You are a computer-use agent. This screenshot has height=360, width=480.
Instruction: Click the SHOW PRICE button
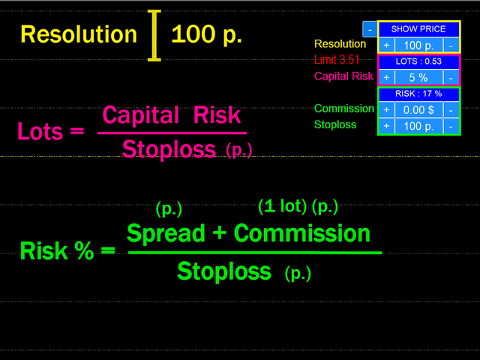pos(418,29)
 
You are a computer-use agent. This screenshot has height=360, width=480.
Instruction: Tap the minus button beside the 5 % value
pos(451,77)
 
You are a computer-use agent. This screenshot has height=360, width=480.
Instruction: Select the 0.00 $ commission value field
pos(418,109)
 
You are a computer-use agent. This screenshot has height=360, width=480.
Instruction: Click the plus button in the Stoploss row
pos(387,126)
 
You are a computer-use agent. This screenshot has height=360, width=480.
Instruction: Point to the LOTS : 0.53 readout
pos(418,61)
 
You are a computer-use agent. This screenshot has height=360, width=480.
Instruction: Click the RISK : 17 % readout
pos(418,94)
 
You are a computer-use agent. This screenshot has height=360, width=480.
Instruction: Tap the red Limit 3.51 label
pos(337,60)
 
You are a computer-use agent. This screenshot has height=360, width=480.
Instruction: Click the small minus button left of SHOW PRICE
pos(370,29)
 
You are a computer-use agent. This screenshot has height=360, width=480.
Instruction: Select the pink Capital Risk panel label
pos(343,76)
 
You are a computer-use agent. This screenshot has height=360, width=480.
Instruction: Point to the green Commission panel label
pos(344,108)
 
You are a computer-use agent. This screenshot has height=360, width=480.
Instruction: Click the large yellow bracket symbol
pos(154,35)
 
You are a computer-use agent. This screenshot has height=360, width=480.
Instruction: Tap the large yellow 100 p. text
pos(207,34)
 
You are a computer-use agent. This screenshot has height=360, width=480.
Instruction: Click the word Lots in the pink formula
pos(40,131)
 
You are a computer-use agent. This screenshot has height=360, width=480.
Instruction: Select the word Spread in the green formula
pos(166,233)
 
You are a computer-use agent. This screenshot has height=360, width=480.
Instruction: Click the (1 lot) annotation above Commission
pos(282,205)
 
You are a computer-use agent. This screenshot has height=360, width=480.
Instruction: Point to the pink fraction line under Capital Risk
pos(172,133)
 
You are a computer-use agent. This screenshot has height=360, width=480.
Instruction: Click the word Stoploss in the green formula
pos(224,271)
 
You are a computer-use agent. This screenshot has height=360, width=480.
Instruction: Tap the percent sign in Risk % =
pos(84,250)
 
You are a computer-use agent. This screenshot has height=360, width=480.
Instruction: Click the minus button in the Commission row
pos(451,109)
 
